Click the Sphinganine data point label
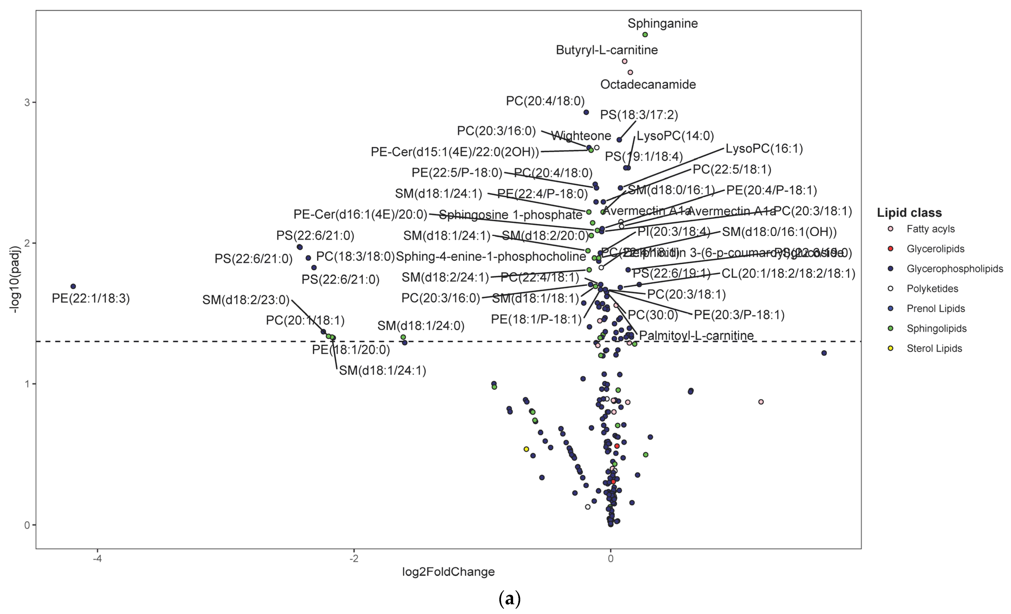pos(662,23)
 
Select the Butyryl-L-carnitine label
pos(607,50)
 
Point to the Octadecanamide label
pos(648,85)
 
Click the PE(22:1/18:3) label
pos(91,298)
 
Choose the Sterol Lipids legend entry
pos(934,348)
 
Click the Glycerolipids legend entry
pos(935,249)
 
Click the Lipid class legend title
pos(909,213)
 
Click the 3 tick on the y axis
pos(27,102)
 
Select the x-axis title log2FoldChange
pos(448,572)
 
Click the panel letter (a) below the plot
pos(509,599)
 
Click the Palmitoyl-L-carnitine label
pos(696,336)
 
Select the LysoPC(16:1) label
pos(764,149)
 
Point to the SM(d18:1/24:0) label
pos(421,326)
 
